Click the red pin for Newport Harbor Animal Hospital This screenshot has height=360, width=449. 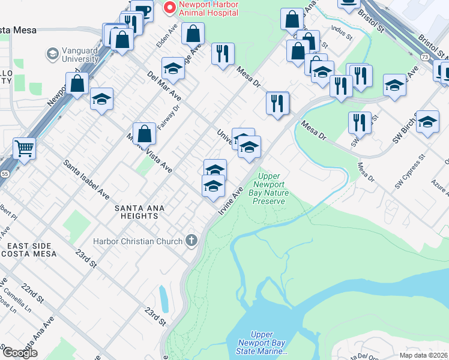tap(170, 8)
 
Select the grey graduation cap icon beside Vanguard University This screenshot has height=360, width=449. tap(52, 55)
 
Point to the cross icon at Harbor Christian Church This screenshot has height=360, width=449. tap(191, 241)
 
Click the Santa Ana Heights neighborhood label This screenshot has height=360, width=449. tap(139, 212)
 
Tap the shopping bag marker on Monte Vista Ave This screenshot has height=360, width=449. tap(145, 134)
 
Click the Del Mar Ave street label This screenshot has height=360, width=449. tap(164, 86)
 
